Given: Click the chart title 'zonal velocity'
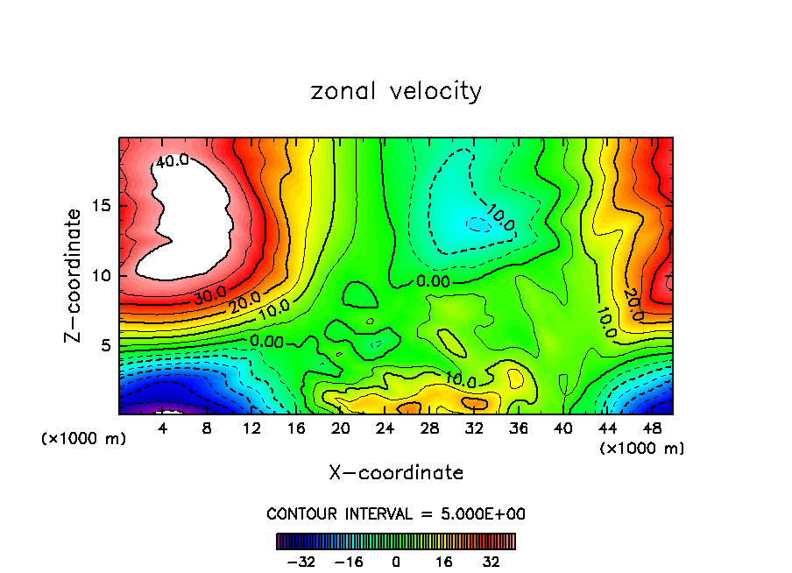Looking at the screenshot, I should coord(396,91).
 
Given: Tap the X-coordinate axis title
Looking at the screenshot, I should coord(396,473).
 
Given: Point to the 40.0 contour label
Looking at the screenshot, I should coord(173,161).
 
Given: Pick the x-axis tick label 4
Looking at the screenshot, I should coord(162,429).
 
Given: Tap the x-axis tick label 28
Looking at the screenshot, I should coord(429,429).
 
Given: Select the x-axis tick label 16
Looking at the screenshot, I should coord(296,429).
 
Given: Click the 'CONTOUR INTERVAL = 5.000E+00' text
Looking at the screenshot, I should coord(396,513).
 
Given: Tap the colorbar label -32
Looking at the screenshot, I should coord(302,562).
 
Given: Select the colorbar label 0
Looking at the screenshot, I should coord(396,562).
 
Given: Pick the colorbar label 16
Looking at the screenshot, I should coord(444,562).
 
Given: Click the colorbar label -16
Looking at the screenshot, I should coord(349,562).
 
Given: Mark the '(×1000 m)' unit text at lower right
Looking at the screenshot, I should coord(642,449).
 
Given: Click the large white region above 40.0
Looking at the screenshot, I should coord(188,219).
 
